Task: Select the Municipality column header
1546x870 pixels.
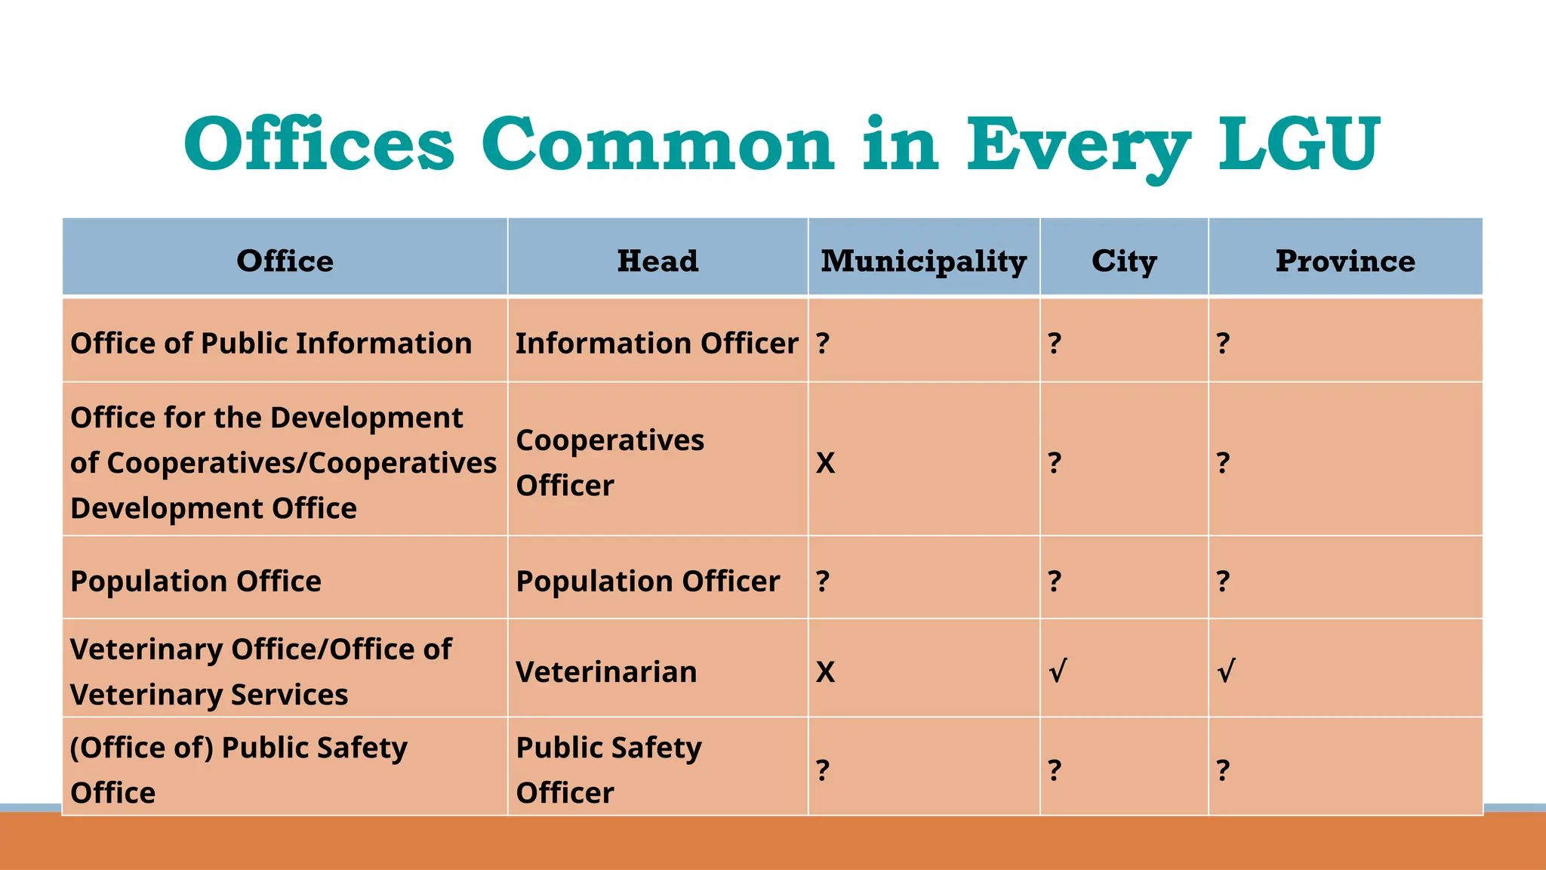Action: (x=923, y=261)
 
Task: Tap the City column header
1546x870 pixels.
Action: (x=1123, y=261)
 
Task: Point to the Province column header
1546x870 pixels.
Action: (x=1344, y=261)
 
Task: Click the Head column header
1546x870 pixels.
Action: (x=658, y=261)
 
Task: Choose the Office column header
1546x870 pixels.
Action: (x=285, y=261)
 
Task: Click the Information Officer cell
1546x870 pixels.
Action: (x=656, y=344)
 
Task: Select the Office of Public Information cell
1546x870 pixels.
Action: (x=271, y=344)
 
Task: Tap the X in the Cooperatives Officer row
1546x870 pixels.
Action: (x=825, y=463)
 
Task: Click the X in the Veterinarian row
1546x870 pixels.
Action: (x=825, y=672)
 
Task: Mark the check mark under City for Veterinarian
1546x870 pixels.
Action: (x=1058, y=671)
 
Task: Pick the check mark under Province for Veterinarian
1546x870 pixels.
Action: (x=1226, y=671)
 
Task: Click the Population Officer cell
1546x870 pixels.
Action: (x=647, y=582)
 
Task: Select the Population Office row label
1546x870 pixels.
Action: (x=196, y=582)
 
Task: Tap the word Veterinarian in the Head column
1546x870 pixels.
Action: (x=606, y=672)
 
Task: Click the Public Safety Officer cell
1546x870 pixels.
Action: (x=608, y=770)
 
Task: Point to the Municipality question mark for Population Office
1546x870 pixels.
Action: (x=823, y=581)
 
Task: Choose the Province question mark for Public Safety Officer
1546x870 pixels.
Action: (x=1223, y=770)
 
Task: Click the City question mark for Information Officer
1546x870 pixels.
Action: (x=1055, y=344)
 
